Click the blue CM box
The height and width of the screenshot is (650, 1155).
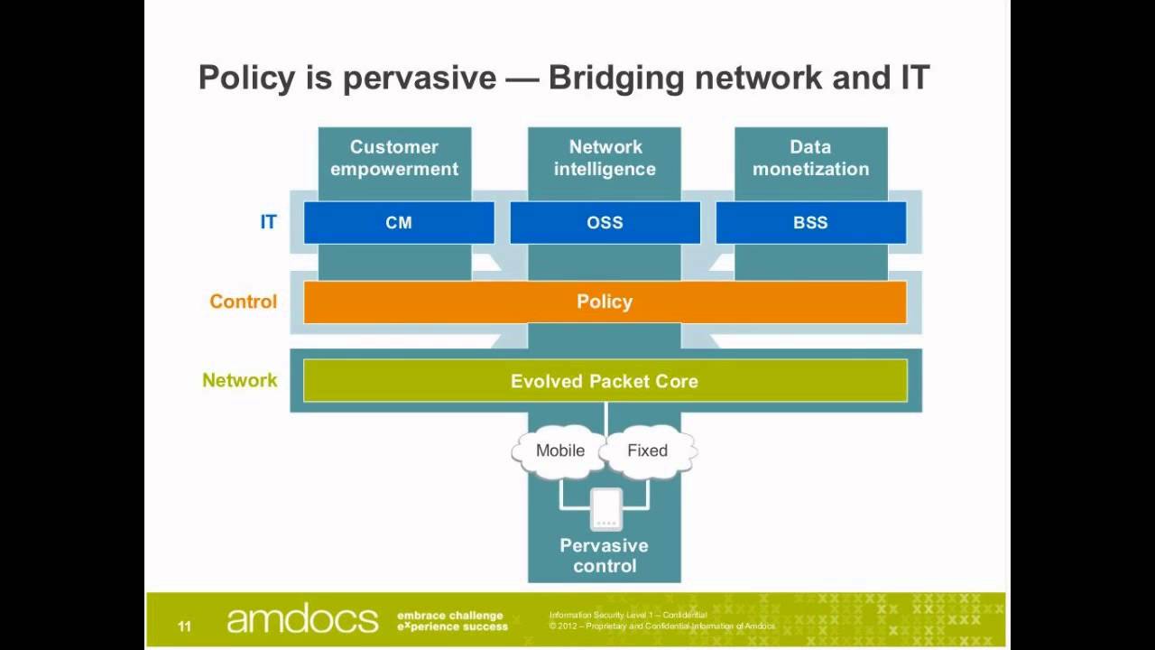click(398, 223)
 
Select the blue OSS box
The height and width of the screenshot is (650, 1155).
click(605, 223)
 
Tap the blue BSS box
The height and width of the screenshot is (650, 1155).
click(810, 223)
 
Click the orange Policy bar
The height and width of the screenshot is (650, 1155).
click(605, 302)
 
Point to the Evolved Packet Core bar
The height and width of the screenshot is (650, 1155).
click(605, 381)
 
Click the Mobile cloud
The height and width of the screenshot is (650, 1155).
click(560, 450)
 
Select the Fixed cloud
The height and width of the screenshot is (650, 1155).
click(647, 450)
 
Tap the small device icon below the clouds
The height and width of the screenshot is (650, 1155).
click(605, 510)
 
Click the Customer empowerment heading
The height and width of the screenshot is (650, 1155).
click(394, 158)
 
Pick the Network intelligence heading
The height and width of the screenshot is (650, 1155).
click(605, 158)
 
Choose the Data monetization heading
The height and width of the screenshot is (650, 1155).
click(810, 158)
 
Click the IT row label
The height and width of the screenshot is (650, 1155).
click(268, 222)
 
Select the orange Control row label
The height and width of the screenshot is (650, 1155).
click(243, 302)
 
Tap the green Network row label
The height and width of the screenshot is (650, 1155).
click(239, 380)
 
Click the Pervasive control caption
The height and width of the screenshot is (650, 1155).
click(605, 556)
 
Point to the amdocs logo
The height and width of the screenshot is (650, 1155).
click(302, 620)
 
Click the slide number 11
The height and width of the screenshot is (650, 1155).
click(184, 626)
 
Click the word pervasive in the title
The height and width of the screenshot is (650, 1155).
click(419, 78)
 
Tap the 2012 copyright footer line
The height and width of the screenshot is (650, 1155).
click(661, 626)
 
